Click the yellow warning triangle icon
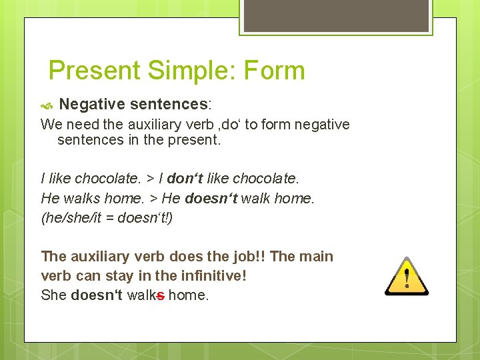[x=407, y=276]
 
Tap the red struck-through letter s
[x=161, y=295]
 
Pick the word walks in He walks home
[x=81, y=199]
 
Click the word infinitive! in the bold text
[x=213, y=275]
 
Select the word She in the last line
[x=54, y=295]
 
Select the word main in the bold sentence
[x=317, y=257]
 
